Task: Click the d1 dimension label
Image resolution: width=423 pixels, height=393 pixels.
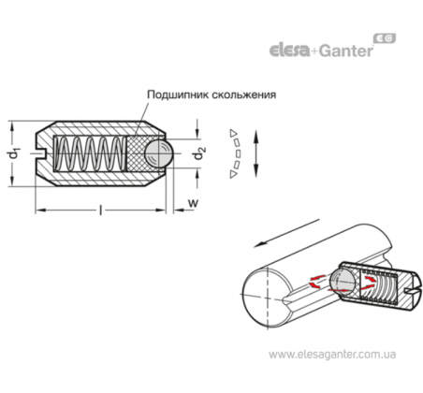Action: coord(14,154)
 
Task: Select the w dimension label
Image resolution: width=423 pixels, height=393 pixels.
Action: coord(193,203)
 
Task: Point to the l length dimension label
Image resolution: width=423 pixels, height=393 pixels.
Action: coord(100,210)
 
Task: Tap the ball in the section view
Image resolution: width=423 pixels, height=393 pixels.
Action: coord(159,153)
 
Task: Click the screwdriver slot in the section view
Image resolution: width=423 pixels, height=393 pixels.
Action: coord(40,153)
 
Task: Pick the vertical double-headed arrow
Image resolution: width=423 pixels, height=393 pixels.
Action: coord(255,153)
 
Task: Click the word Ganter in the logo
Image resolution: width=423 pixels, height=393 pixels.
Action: coord(345,51)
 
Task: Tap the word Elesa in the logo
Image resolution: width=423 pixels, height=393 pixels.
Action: coord(289,51)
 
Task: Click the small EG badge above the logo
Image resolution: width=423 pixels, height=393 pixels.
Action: coord(385,38)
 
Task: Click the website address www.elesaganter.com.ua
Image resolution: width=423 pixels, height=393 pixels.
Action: coord(332,355)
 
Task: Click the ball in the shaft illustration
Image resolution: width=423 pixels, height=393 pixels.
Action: coord(342,282)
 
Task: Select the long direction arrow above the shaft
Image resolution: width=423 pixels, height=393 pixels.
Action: coord(286,233)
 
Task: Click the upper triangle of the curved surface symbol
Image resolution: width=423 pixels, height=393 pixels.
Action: coord(233,133)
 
